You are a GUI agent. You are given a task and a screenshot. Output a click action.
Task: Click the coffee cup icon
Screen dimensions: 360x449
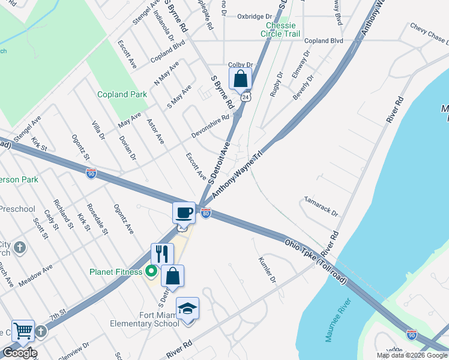(x=184, y=212)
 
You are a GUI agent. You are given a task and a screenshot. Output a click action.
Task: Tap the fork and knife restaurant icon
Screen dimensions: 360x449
(x=161, y=253)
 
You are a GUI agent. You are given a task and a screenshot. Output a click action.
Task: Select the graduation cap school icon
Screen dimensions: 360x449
(x=187, y=308)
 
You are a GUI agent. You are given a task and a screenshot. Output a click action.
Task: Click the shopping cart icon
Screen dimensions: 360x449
(x=23, y=330)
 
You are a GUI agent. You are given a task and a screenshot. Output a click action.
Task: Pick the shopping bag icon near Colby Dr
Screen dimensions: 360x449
(x=240, y=78)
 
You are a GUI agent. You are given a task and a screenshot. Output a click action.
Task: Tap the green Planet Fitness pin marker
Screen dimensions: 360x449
(x=150, y=272)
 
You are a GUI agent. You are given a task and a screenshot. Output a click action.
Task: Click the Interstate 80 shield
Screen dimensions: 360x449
(x=205, y=213)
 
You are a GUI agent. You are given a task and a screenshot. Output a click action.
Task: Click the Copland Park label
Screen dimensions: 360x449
(x=122, y=94)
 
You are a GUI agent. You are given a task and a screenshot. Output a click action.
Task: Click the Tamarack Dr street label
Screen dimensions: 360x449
(x=321, y=205)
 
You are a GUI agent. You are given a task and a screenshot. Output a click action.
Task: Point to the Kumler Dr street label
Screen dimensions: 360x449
(x=267, y=271)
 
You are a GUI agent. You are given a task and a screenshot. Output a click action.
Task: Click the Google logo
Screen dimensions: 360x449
(x=20, y=353)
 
